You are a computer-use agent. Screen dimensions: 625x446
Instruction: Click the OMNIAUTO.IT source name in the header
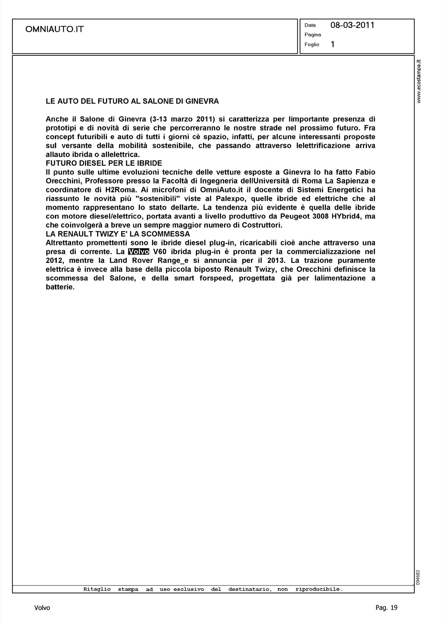click(55, 29)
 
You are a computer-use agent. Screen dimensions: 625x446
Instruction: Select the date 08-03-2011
click(352, 25)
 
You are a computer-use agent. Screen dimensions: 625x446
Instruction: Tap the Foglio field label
click(312, 45)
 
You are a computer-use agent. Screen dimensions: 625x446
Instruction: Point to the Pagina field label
click(313, 35)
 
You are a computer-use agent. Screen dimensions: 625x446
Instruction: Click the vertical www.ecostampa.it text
click(419, 81)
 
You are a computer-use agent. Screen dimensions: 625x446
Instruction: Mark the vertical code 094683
click(418, 577)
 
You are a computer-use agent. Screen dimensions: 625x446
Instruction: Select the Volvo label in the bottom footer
click(42, 608)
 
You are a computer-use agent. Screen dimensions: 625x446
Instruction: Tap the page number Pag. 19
click(386, 608)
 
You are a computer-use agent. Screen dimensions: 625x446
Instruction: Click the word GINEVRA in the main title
click(204, 101)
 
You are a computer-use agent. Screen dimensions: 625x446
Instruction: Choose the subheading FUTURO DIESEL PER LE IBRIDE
click(104, 163)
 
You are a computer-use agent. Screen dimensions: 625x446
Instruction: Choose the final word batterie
click(60, 287)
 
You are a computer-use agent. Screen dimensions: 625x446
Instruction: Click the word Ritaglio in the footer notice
click(97, 589)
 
